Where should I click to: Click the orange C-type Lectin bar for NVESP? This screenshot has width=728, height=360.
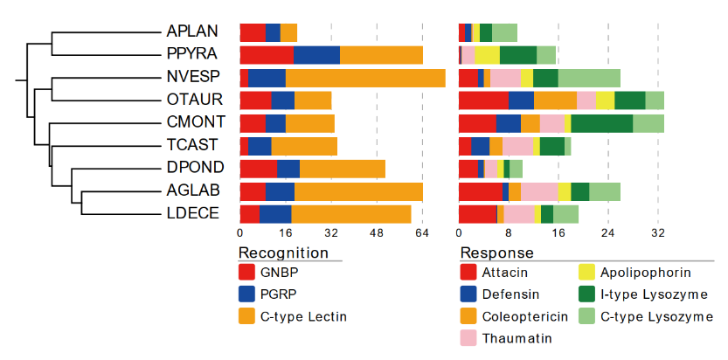click(x=365, y=78)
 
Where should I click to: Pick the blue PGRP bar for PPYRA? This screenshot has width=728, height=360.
click(x=316, y=55)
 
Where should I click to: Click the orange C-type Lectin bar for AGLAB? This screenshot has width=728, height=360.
click(x=358, y=190)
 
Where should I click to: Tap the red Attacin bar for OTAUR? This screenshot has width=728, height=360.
click(x=483, y=100)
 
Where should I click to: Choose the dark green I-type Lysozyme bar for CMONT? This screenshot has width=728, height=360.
click(x=601, y=123)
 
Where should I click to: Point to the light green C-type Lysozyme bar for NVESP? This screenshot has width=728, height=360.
click(x=589, y=78)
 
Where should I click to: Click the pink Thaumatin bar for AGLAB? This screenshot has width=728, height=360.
click(x=539, y=190)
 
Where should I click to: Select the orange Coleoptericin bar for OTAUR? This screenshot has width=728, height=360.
click(x=555, y=100)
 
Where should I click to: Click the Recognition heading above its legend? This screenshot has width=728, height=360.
click(x=283, y=253)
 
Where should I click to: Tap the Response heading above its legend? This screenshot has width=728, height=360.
click(x=496, y=253)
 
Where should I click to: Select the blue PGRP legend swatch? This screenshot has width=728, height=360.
click(x=247, y=294)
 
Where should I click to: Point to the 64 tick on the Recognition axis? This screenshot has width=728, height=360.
click(x=422, y=233)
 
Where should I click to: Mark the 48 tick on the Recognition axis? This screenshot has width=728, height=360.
click(x=377, y=233)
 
